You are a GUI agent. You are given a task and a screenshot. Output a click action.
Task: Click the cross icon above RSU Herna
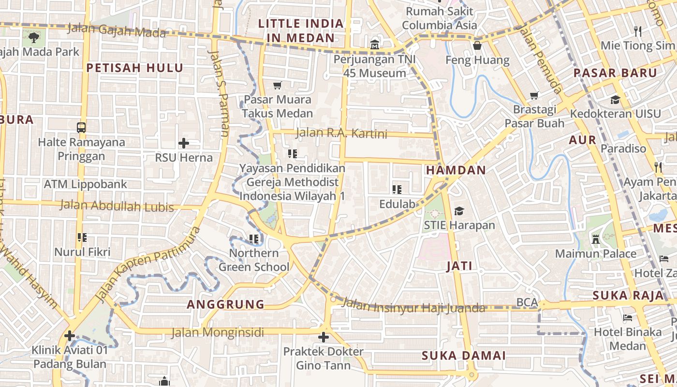[x=183, y=143]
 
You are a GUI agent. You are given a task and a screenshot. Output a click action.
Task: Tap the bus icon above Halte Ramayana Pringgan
[x=81, y=128]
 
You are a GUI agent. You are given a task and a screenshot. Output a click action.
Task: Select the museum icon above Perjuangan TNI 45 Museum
[x=375, y=45]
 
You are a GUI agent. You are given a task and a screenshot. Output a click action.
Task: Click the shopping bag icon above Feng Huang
[x=477, y=46]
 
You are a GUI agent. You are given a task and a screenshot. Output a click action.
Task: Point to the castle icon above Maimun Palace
[x=596, y=239]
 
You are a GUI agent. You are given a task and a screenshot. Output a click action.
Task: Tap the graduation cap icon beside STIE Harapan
[x=459, y=211]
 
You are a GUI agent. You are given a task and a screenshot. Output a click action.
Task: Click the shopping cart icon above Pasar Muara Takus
[x=278, y=86]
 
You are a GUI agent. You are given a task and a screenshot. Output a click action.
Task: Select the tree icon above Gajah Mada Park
[x=33, y=37]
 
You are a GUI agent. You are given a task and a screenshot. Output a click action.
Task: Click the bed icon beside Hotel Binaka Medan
[x=628, y=318]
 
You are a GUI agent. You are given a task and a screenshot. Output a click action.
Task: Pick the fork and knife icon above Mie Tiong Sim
[x=638, y=31]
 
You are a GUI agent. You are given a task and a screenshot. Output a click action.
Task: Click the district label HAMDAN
[x=456, y=170]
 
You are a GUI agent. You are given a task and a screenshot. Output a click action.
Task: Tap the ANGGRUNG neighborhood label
[x=226, y=304]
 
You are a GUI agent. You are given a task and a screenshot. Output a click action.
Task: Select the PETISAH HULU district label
[x=135, y=68]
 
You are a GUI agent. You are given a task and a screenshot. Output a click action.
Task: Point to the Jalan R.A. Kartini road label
[x=341, y=133]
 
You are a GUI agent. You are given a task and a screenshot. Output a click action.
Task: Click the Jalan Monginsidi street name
[x=218, y=333]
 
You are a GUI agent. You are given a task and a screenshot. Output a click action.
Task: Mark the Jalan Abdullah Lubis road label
[x=117, y=207]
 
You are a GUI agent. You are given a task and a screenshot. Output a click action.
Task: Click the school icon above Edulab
[x=397, y=190]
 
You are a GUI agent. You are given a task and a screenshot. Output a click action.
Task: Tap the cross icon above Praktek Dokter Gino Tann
[x=324, y=337]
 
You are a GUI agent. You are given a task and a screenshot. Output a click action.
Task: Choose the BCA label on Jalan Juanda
[x=527, y=302]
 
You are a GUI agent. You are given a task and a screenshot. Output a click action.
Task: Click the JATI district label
[x=459, y=266]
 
